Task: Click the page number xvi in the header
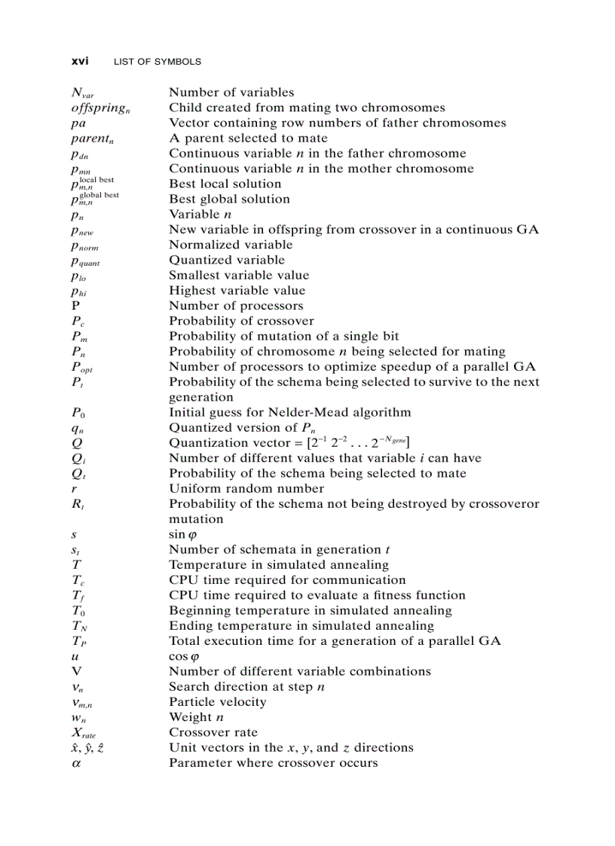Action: pyautogui.click(x=79, y=61)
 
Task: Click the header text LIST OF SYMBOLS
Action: pyautogui.click(x=157, y=62)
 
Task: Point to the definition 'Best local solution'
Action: pyautogui.click(x=225, y=184)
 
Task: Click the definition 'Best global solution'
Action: pyautogui.click(x=229, y=199)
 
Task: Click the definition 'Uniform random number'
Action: pyautogui.click(x=246, y=488)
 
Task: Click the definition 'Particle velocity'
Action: pyautogui.click(x=218, y=702)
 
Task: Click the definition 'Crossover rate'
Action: pyautogui.click(x=213, y=732)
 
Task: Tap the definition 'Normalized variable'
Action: pyautogui.click(x=231, y=245)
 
